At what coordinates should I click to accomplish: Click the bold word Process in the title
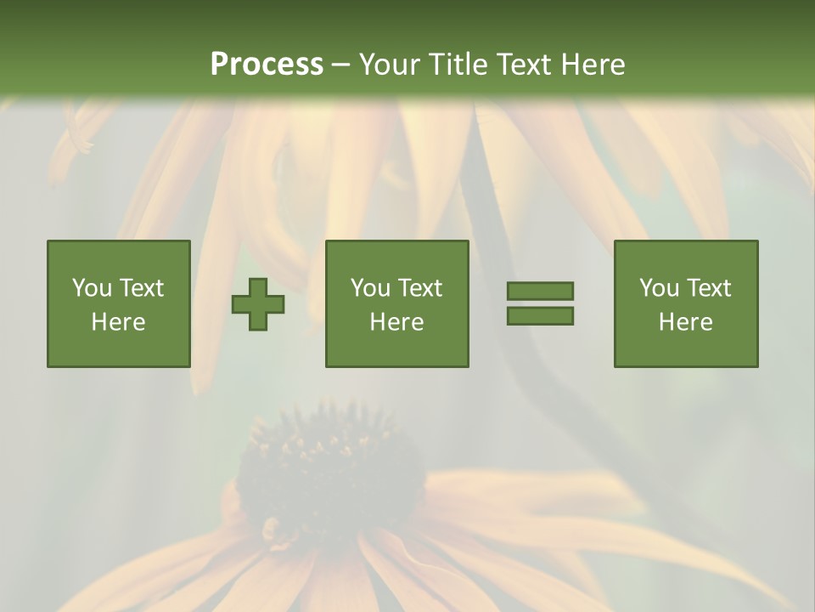[267, 65]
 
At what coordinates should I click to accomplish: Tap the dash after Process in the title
[341, 65]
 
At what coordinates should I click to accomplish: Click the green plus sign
[258, 304]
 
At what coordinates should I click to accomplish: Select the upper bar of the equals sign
[540, 291]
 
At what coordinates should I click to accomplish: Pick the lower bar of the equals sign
[540, 316]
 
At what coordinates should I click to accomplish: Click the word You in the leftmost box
[93, 288]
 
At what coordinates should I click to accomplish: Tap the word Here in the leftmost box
[118, 322]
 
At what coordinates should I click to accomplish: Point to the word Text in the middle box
[420, 288]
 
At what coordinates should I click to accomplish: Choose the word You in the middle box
[371, 288]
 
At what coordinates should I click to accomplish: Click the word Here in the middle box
[396, 322]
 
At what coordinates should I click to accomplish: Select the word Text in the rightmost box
[709, 288]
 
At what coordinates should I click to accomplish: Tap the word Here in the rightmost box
[685, 322]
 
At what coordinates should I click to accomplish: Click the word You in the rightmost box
[660, 288]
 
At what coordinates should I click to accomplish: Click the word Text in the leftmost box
[142, 288]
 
